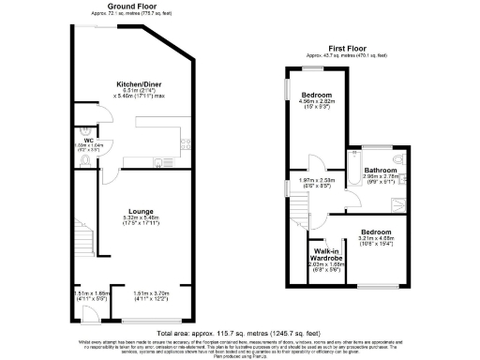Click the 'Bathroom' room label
[381, 170]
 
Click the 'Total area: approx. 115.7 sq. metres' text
[240, 334]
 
